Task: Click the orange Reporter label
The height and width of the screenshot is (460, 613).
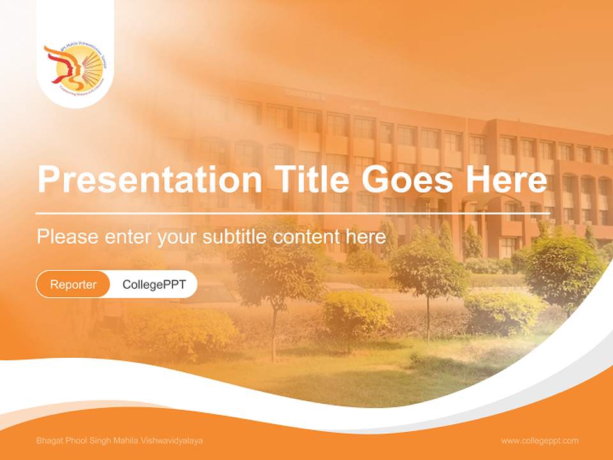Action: (73, 284)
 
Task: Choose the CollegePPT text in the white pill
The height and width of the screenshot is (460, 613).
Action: (154, 284)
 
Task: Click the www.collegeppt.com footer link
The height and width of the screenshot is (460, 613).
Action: (540, 441)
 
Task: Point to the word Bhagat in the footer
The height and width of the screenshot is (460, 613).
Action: (49, 441)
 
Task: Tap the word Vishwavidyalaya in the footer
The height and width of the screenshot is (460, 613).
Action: (174, 441)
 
